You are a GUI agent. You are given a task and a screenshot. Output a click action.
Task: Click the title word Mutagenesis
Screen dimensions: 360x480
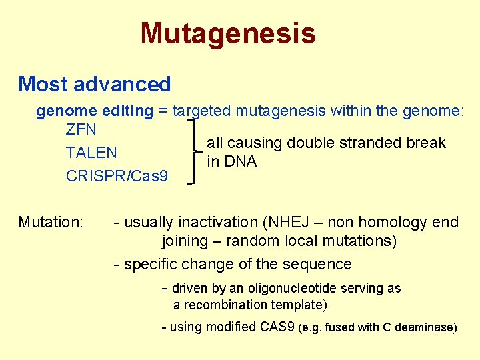tap(227, 33)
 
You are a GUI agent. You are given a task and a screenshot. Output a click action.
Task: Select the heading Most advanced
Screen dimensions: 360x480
tap(95, 84)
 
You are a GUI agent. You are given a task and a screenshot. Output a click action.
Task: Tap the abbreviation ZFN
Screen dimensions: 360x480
tap(81, 129)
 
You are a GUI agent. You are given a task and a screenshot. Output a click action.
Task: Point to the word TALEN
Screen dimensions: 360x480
tap(91, 153)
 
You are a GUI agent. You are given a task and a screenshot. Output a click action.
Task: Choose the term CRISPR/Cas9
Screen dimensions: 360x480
tap(117, 176)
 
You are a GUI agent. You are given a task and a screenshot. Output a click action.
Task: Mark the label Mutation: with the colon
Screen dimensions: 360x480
tap(51, 222)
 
